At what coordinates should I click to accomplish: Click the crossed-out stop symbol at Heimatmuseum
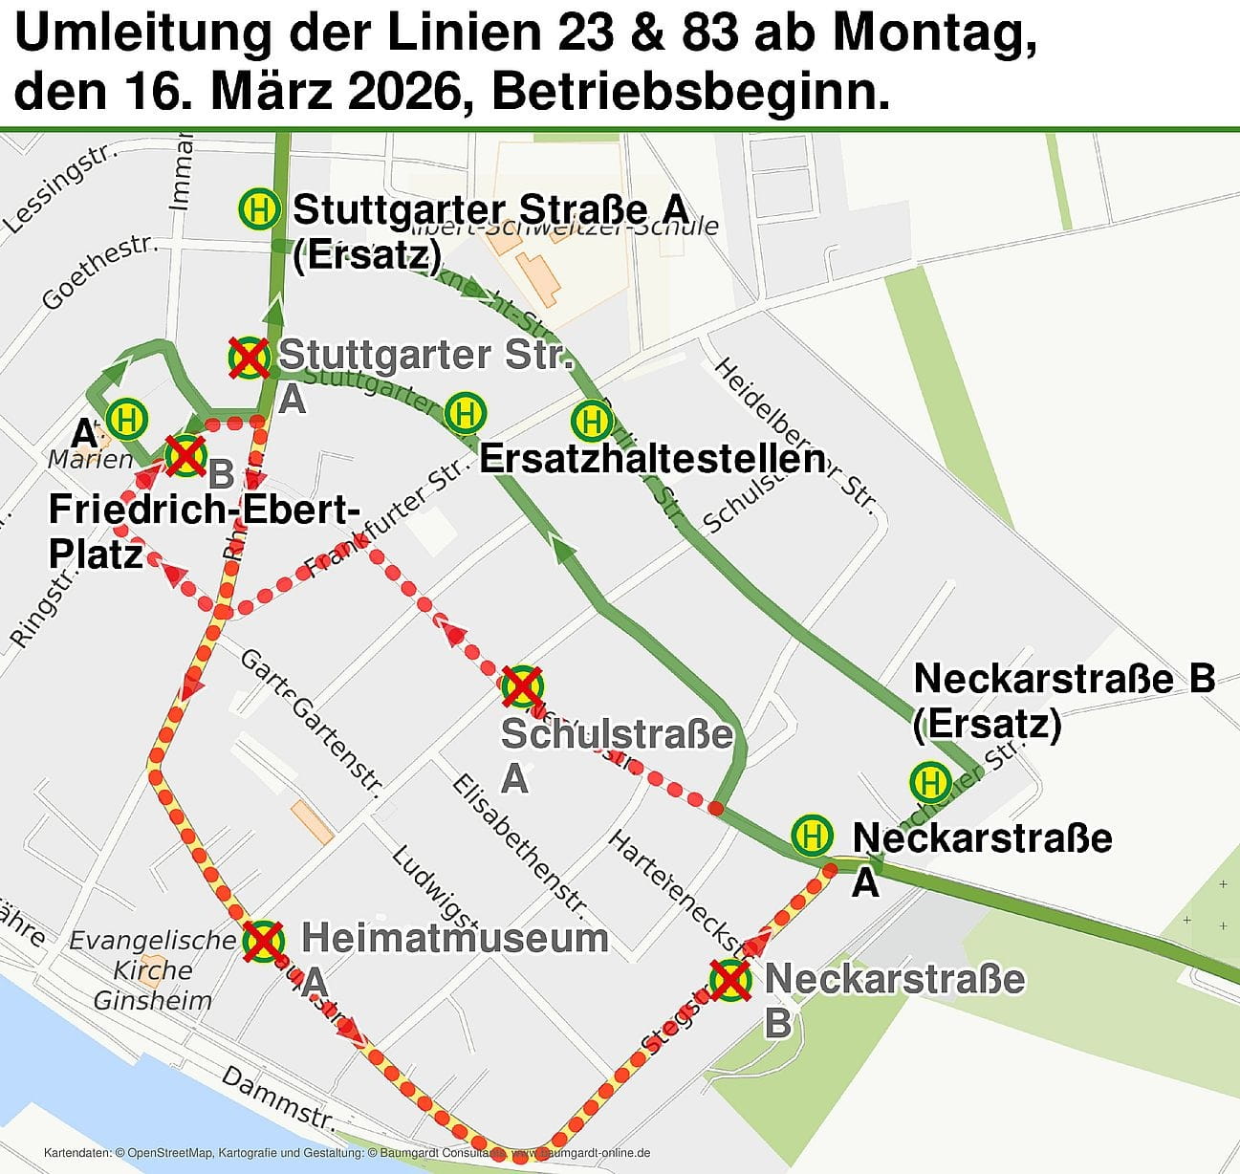pyautogui.click(x=263, y=941)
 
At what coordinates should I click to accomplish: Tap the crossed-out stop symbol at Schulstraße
pyautogui.click(x=522, y=685)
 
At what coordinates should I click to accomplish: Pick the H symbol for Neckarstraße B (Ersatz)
pyautogui.click(x=929, y=782)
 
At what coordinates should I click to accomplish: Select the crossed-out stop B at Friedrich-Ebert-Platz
pyautogui.click(x=185, y=455)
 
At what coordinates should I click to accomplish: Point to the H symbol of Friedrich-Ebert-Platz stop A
pyautogui.click(x=126, y=419)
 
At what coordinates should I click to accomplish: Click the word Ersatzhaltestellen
pyautogui.click(x=652, y=459)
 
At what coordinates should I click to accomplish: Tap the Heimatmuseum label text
pyautogui.click(x=455, y=938)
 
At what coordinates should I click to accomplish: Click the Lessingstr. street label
pyautogui.click(x=60, y=189)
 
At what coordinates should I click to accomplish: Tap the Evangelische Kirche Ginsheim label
pyautogui.click(x=152, y=969)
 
